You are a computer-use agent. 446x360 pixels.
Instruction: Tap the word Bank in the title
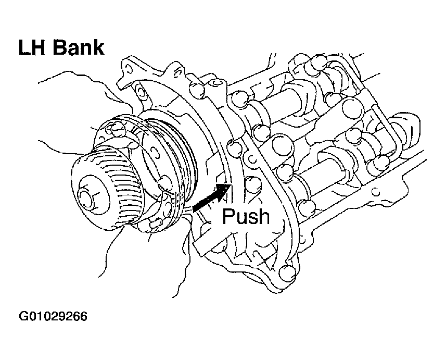click(79, 47)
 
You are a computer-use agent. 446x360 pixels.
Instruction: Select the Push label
click(246, 216)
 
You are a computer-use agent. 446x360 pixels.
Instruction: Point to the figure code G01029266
click(53, 316)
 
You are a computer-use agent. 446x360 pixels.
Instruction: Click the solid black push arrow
click(211, 197)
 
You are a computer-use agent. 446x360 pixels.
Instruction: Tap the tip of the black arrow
click(231, 184)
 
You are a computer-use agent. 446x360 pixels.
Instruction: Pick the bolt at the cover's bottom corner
click(287, 272)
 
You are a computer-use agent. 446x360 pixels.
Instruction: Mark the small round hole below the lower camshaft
click(376, 192)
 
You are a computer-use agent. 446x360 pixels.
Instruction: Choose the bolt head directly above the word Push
click(252, 184)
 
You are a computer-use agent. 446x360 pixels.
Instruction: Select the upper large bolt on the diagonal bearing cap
click(353, 108)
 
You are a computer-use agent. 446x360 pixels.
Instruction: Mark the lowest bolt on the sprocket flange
click(155, 223)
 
